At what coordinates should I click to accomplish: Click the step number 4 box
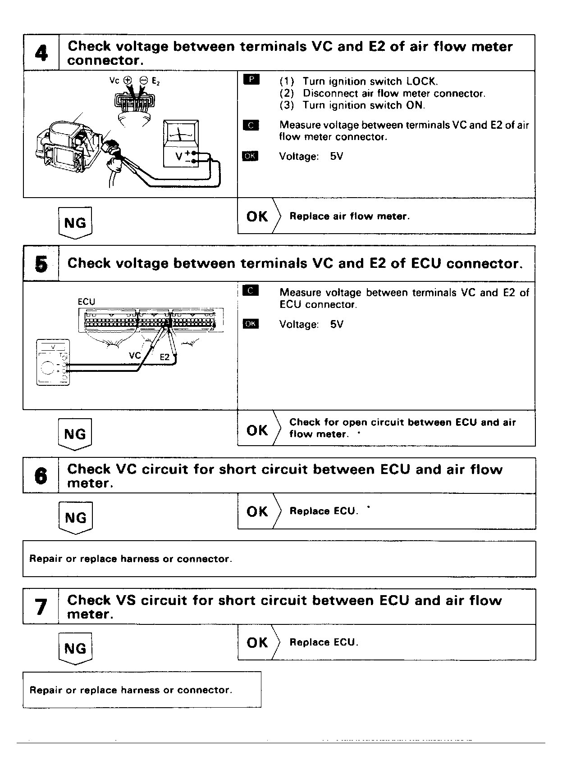41,53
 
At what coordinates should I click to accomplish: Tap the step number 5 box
41,264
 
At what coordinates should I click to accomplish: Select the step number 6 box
41,476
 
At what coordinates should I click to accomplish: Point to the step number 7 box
41,607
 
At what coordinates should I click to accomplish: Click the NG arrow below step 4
75,223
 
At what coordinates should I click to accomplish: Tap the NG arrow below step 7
75,648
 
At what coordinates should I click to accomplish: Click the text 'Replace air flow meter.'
349,217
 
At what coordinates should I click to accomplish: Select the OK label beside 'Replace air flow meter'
257,217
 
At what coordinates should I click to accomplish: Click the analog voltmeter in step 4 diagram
181,144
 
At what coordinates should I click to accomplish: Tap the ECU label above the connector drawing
87,302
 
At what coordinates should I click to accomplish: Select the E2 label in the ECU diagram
165,357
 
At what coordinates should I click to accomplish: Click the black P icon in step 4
251,80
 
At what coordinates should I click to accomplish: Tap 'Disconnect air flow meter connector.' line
393,94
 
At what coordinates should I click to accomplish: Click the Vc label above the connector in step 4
114,81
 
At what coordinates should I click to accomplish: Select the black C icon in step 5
251,291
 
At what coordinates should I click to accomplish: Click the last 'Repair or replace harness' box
142,690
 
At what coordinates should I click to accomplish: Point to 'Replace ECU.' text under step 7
324,642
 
